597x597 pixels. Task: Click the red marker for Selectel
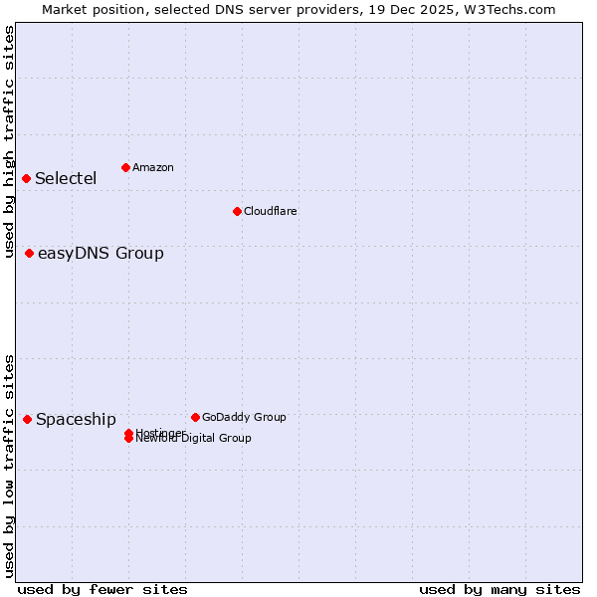pyautogui.click(x=27, y=178)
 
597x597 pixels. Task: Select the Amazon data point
pyautogui.click(x=125, y=167)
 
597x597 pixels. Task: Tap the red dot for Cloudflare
pyautogui.click(x=237, y=211)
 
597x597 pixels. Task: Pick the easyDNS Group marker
pyautogui.click(x=30, y=253)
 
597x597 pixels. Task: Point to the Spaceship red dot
pyautogui.click(x=27, y=419)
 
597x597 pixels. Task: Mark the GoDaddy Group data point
pyautogui.click(x=195, y=417)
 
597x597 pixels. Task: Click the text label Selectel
pyautogui.click(x=66, y=179)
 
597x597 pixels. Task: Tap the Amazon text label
pyautogui.click(x=152, y=167)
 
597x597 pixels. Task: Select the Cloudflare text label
pyautogui.click(x=270, y=211)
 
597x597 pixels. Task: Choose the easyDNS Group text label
pyautogui.click(x=100, y=254)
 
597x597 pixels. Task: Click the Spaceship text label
pyautogui.click(x=76, y=420)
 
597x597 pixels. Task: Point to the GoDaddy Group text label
pyautogui.click(x=244, y=417)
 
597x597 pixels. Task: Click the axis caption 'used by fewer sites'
pyautogui.click(x=102, y=589)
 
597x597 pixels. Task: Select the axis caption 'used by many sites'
pyautogui.click(x=499, y=589)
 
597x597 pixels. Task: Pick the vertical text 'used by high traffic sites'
pyautogui.click(x=9, y=141)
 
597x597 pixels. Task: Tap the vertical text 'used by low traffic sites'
pyautogui.click(x=9, y=466)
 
